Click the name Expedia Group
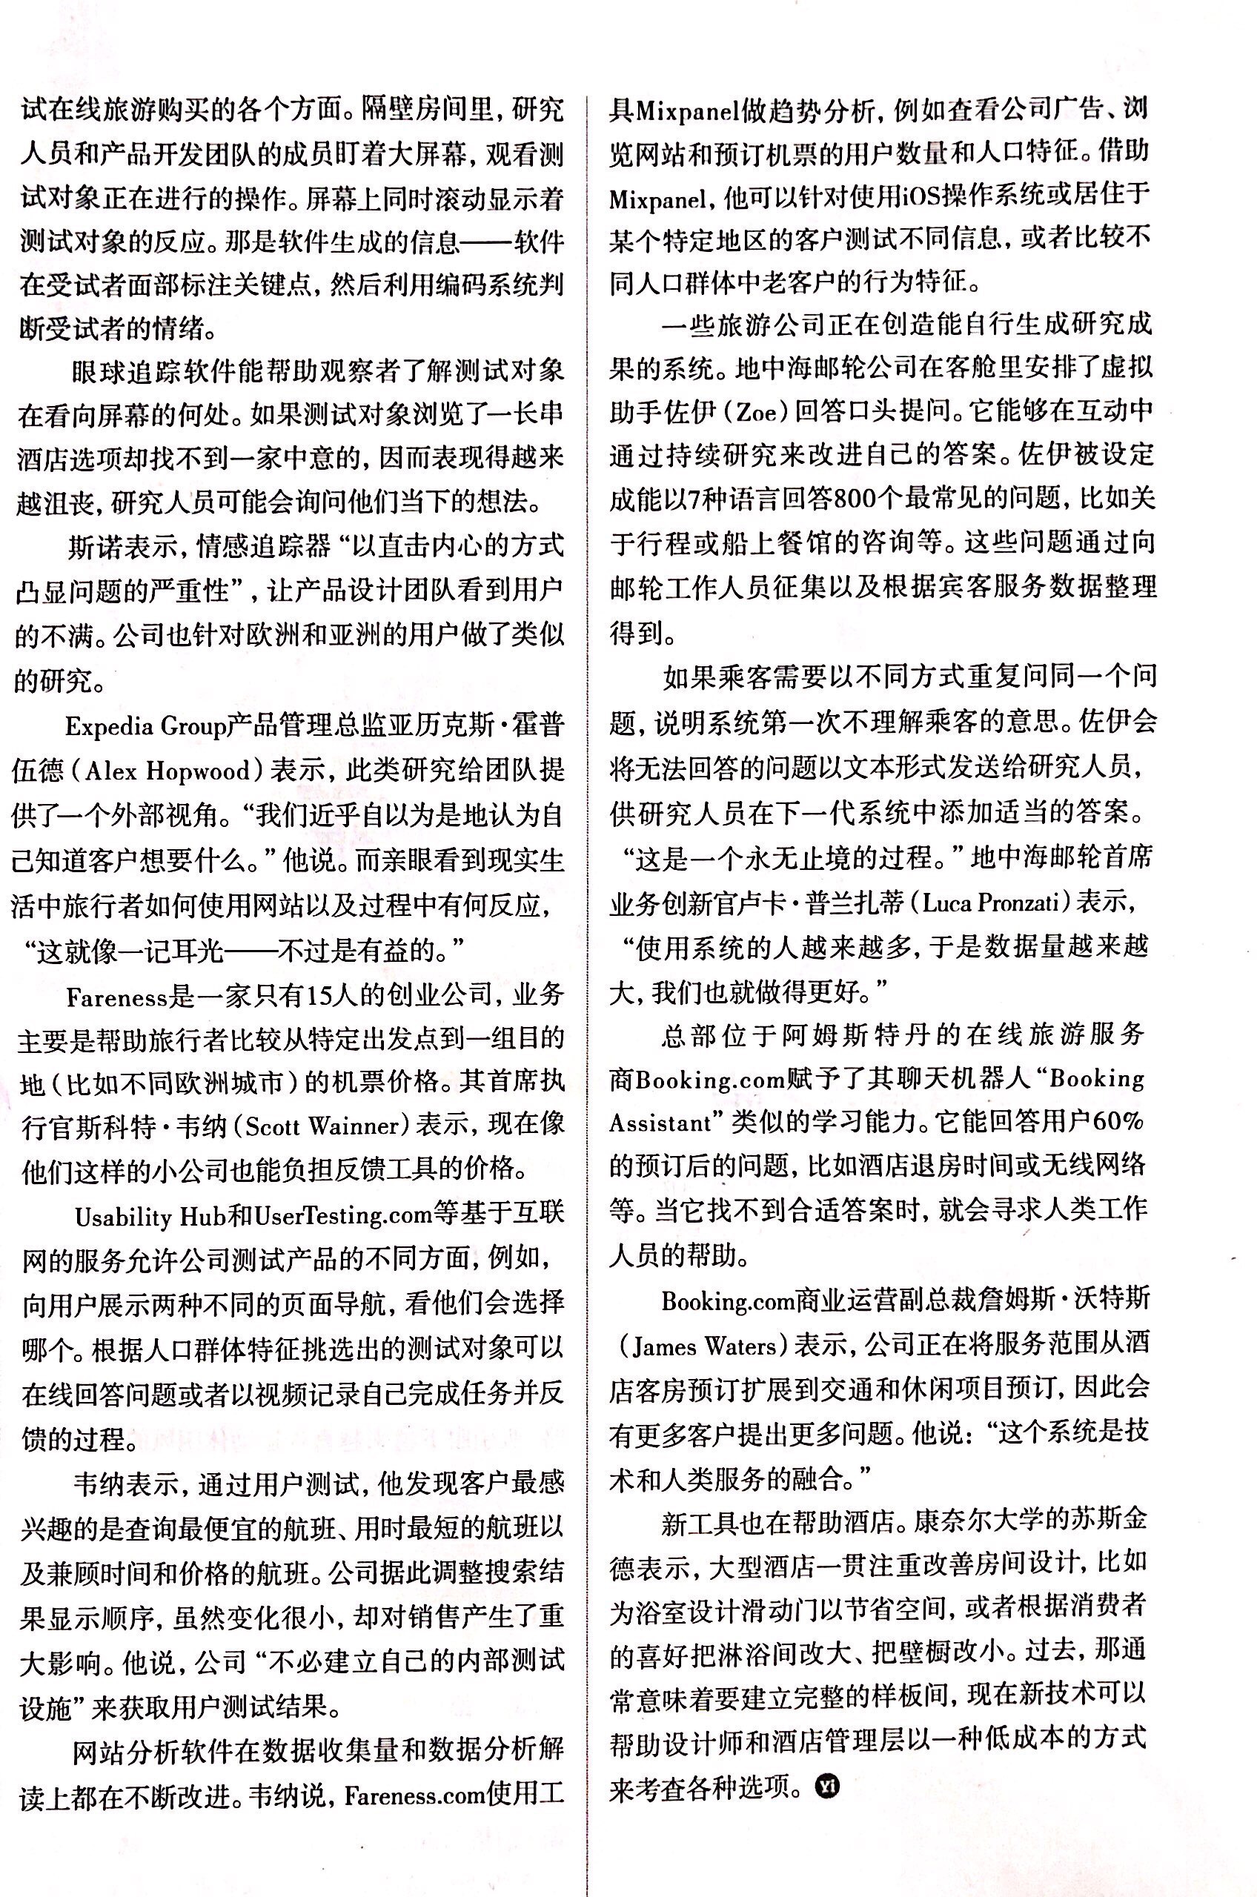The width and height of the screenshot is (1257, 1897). click(x=145, y=727)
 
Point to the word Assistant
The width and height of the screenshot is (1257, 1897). click(x=660, y=1123)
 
